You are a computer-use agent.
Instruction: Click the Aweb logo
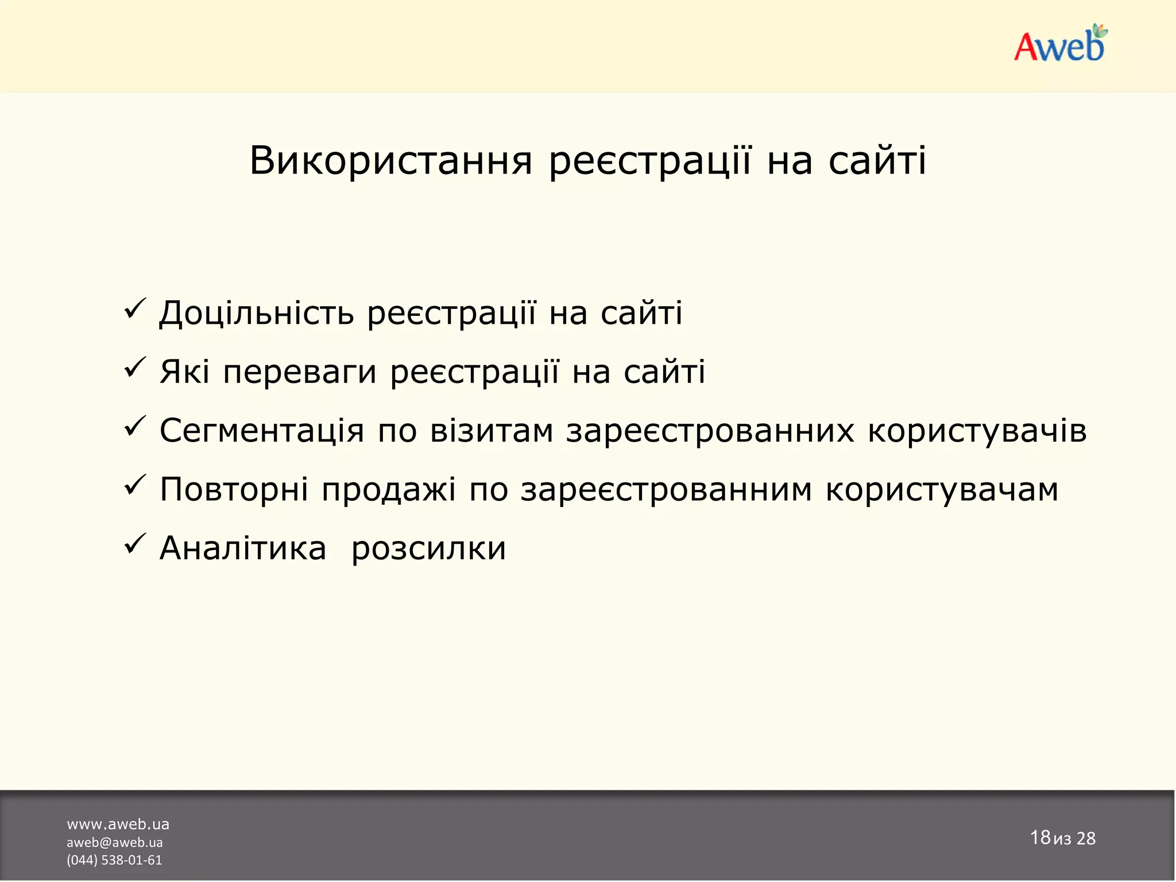click(x=1059, y=45)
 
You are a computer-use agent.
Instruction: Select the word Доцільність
click(x=256, y=314)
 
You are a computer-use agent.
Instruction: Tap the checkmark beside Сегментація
click(x=136, y=427)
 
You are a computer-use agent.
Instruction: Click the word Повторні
click(x=234, y=490)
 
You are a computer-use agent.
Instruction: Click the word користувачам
click(x=942, y=490)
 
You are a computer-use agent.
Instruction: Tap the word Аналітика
click(x=243, y=548)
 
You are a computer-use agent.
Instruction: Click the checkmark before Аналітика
click(x=136, y=544)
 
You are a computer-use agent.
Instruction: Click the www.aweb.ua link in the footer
click(x=118, y=824)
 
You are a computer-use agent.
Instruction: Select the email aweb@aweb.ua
click(x=114, y=842)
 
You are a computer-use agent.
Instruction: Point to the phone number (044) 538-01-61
click(x=114, y=860)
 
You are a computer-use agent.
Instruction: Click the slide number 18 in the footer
click(x=1040, y=837)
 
